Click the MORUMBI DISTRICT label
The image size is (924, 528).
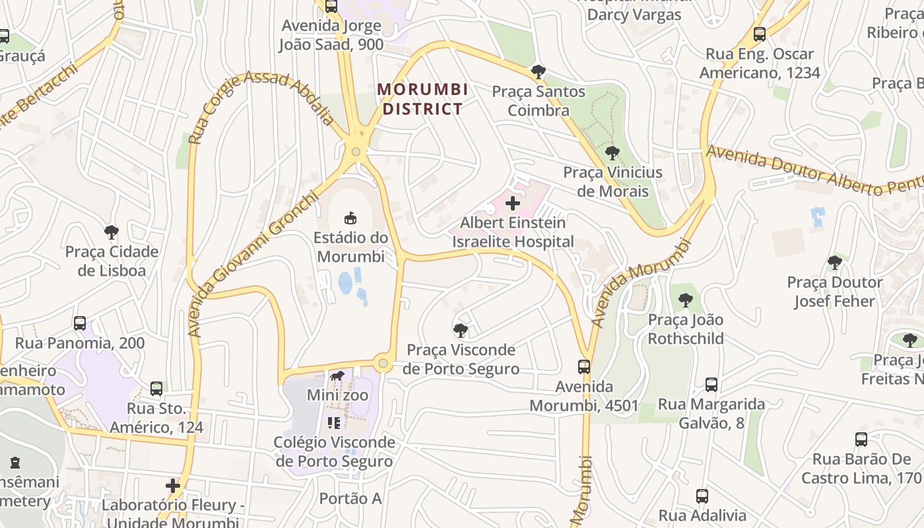[422, 99]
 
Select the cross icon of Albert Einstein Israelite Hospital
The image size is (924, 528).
[512, 203]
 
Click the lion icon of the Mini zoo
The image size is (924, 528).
[337, 376]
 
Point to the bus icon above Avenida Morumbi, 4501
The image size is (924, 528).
[584, 367]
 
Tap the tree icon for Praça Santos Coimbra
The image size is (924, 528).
[539, 71]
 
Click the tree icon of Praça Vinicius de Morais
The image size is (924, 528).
[612, 153]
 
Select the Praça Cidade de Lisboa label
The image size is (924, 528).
[112, 261]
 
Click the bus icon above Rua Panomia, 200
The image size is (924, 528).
[80, 323]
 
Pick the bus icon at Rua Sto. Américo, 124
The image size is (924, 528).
[156, 389]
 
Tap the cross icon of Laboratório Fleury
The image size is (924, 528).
[173, 486]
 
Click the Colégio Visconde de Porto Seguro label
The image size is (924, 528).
[335, 451]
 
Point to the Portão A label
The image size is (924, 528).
[350, 498]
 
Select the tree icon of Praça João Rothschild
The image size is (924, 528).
[686, 300]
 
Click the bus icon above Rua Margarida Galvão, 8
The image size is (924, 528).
[711, 385]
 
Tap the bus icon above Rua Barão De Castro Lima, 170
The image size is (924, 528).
[861, 440]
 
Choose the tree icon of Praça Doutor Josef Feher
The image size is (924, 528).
[835, 263]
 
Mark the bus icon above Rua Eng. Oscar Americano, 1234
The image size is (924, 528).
[760, 34]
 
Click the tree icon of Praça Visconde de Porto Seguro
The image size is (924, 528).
[461, 330]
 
